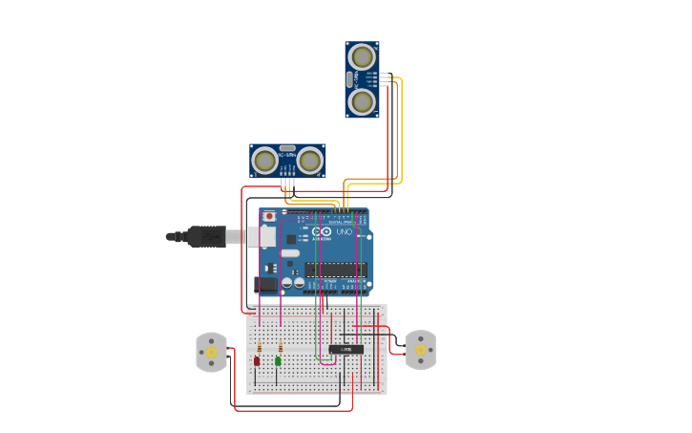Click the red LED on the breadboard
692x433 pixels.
[257, 361]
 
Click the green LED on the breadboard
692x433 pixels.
[278, 361]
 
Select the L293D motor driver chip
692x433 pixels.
[346, 350]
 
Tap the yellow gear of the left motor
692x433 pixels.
[211, 352]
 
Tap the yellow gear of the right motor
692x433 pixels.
[420, 350]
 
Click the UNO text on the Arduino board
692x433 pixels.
[344, 232]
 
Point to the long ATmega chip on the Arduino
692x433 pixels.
[335, 270]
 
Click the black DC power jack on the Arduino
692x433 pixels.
[267, 284]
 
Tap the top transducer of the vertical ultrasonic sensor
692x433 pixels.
[362, 56]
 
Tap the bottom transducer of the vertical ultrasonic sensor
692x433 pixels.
[362, 101]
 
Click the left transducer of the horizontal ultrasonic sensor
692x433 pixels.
[265, 161]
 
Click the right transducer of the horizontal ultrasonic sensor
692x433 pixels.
[310, 161]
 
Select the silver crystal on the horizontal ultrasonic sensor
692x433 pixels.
[287, 149]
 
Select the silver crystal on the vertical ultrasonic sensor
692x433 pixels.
[350, 79]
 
